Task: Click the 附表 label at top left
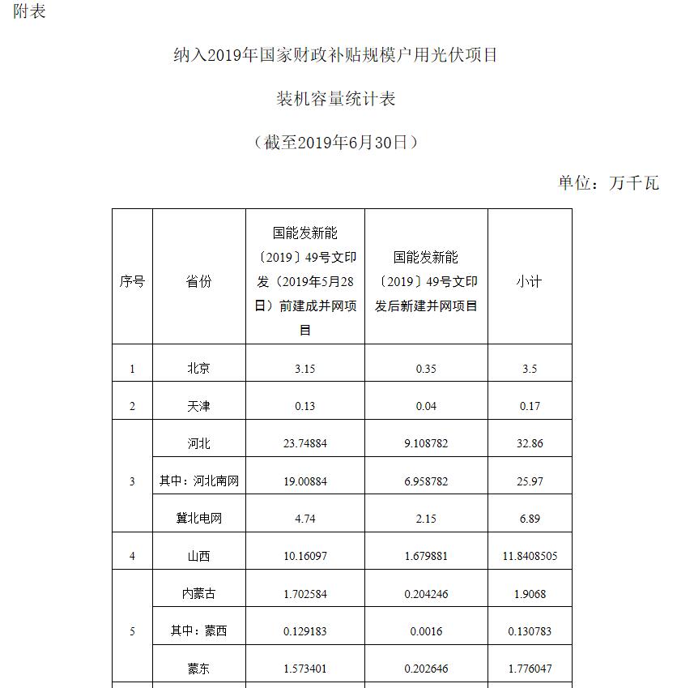pyautogui.click(x=30, y=11)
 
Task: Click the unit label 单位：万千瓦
pyautogui.click(x=608, y=183)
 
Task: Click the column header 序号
pyautogui.click(x=132, y=282)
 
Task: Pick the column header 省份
pyautogui.click(x=198, y=282)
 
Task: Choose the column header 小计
pyautogui.click(x=530, y=282)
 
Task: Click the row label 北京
pyautogui.click(x=198, y=369)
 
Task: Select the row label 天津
pyautogui.click(x=198, y=406)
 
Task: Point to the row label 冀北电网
pyautogui.click(x=198, y=519)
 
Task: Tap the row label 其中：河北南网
pyautogui.click(x=199, y=481)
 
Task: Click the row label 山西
pyautogui.click(x=198, y=557)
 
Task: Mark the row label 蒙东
pyautogui.click(x=198, y=669)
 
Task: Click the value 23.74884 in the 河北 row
pyautogui.click(x=305, y=444)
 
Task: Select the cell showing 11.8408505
pyautogui.click(x=530, y=557)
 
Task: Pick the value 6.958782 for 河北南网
pyautogui.click(x=426, y=481)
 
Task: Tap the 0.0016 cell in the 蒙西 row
pyautogui.click(x=426, y=631)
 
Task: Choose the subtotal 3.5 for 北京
pyautogui.click(x=530, y=369)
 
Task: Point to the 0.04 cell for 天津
pyautogui.click(x=426, y=406)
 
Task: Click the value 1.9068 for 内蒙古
pyautogui.click(x=530, y=594)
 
